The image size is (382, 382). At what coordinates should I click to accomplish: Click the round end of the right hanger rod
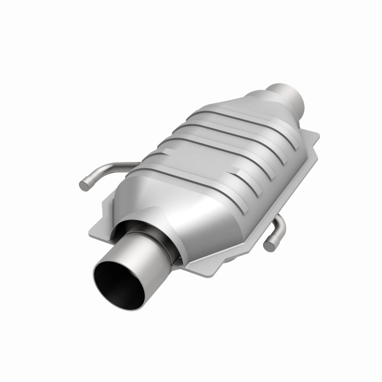tap(270, 244)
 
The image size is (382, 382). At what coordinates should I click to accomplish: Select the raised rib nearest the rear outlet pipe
tap(239, 122)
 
